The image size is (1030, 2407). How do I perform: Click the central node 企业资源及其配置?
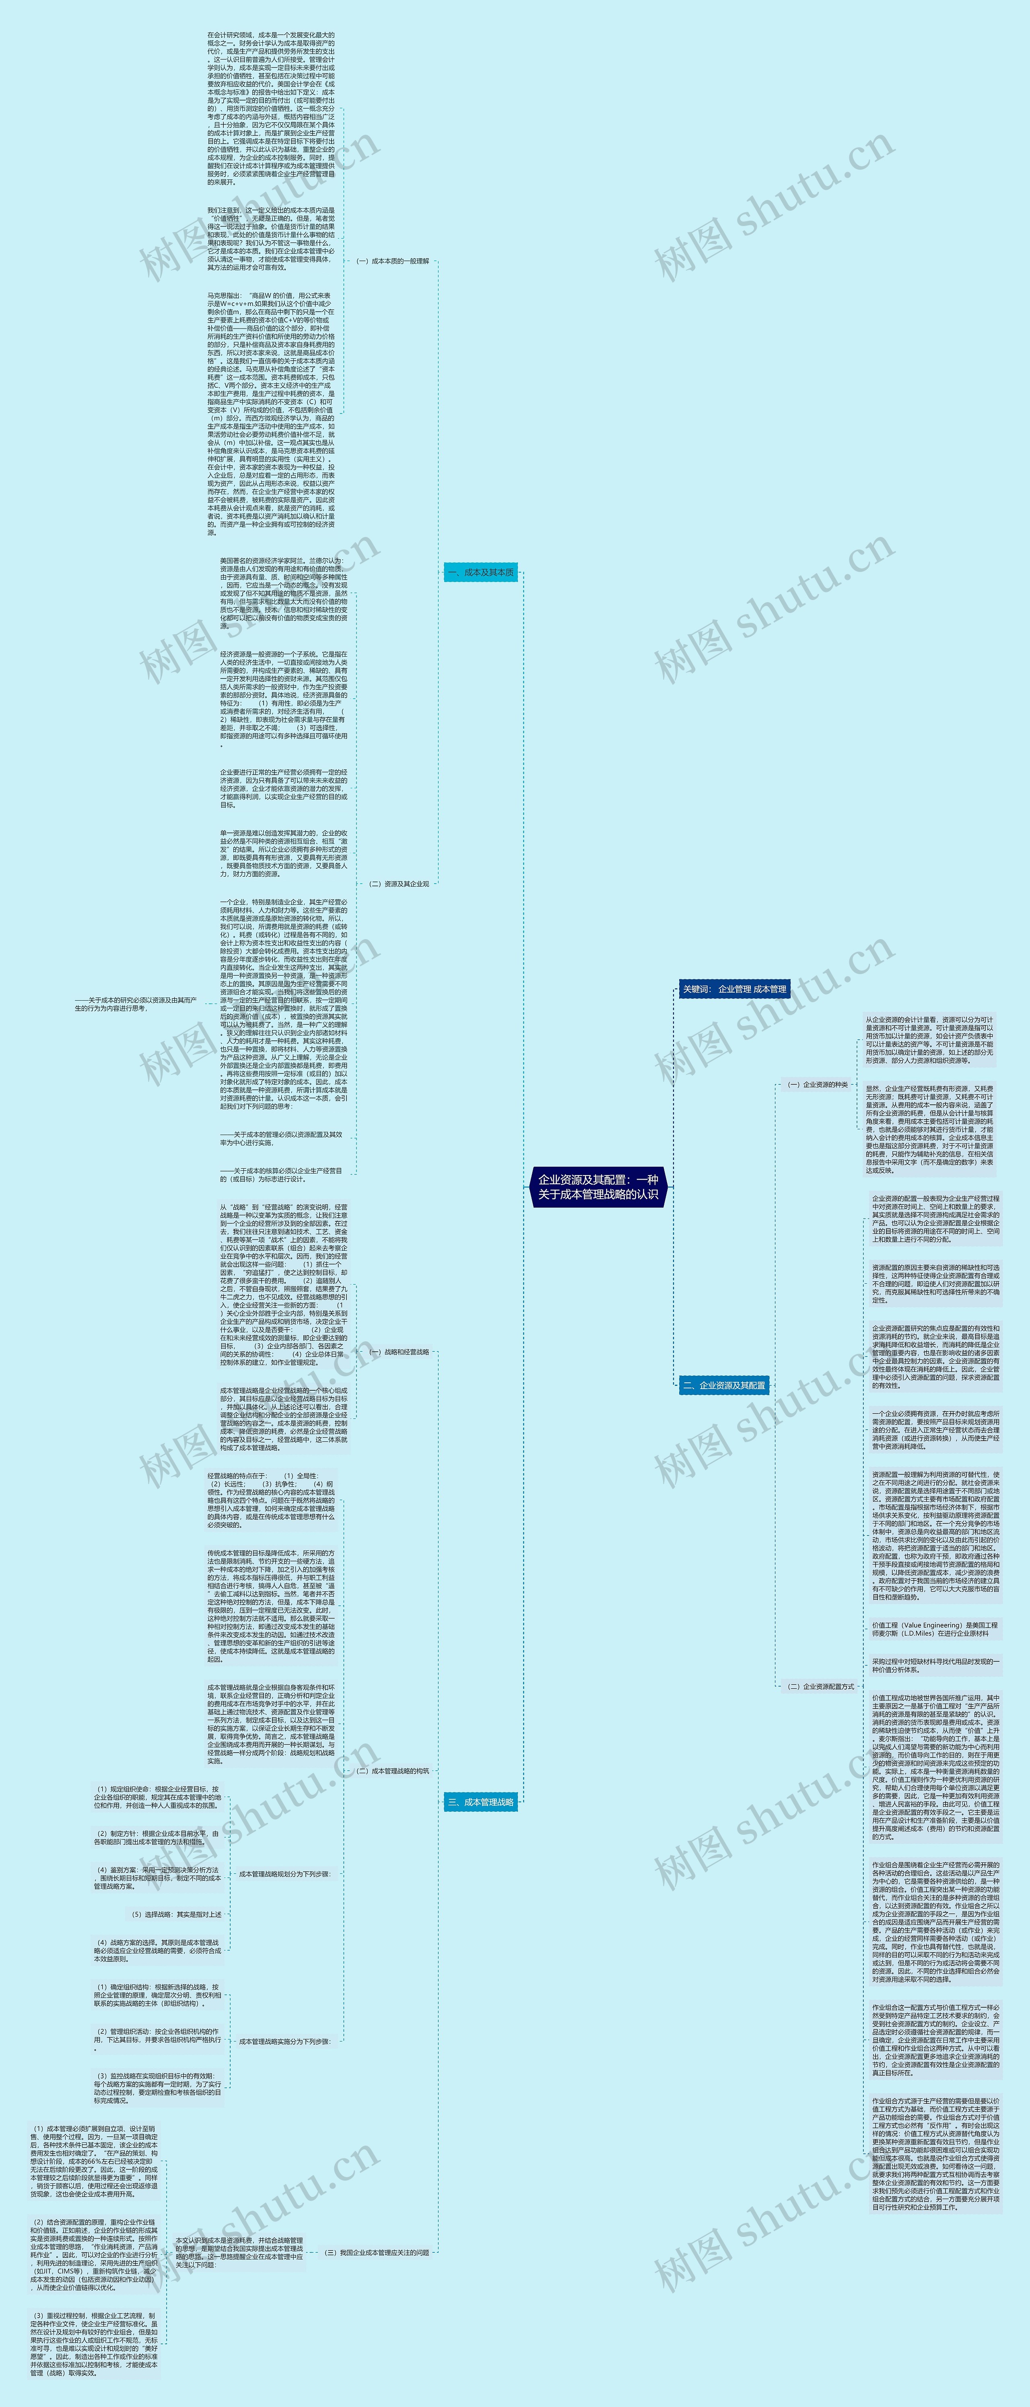tap(598, 1187)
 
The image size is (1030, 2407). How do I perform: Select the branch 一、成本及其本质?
tap(480, 572)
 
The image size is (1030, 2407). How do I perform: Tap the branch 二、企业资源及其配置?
tap(723, 1385)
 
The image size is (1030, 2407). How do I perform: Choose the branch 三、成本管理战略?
tap(480, 1801)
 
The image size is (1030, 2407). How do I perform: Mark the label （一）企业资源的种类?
tap(817, 1085)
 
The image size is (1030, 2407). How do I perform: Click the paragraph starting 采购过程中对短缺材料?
tap(935, 1665)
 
